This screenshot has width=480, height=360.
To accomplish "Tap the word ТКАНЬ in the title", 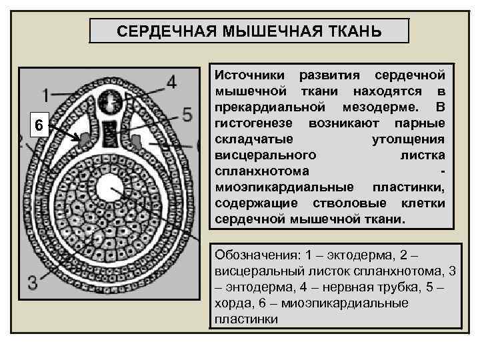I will tap(352, 31).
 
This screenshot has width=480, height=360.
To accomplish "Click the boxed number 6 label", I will tap(39, 125).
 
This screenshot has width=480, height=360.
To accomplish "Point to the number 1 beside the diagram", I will tap(45, 95).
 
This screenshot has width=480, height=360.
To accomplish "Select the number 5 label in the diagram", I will tap(187, 114).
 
